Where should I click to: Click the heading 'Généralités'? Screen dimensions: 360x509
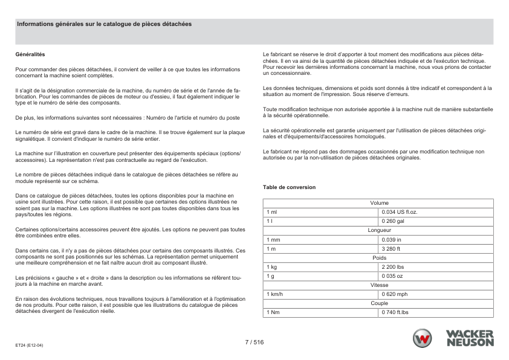point(28,54)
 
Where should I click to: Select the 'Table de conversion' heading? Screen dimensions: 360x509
point(289,187)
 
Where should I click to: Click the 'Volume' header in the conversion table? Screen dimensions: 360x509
point(379,203)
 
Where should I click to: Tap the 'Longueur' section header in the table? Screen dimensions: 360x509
point(379,230)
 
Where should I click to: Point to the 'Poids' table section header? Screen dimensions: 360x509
point(379,257)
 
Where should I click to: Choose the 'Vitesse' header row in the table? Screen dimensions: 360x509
point(379,284)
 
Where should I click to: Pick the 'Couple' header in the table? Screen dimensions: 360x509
point(379,303)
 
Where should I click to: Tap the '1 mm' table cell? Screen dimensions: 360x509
point(273,239)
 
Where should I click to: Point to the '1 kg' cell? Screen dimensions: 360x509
point(271,266)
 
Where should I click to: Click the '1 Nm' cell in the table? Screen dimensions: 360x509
point(273,312)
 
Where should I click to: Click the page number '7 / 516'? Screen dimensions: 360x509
point(254,342)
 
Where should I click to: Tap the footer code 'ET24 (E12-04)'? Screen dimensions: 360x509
point(30,346)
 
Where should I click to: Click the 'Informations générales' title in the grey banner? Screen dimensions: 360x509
point(104,24)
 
